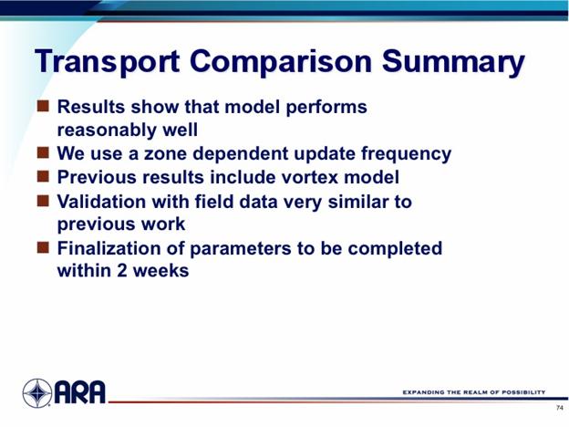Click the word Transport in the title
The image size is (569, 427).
pyautogui.click(x=107, y=61)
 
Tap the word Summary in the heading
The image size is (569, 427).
pyautogui.click(x=453, y=63)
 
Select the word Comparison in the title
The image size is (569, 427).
pyautogui.click(x=281, y=63)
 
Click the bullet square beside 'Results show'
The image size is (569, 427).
pyautogui.click(x=43, y=106)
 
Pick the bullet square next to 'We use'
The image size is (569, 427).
pyautogui.click(x=43, y=152)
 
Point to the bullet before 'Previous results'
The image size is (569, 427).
pyautogui.click(x=43, y=176)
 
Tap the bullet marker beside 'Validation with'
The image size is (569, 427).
pyautogui.click(x=43, y=201)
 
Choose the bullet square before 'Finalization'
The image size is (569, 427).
pyautogui.click(x=43, y=247)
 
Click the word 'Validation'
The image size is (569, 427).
pyautogui.click(x=101, y=201)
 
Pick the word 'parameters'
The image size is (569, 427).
pyautogui.click(x=240, y=249)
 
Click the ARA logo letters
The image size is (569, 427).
pyautogui.click(x=80, y=392)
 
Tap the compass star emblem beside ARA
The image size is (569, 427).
pyautogui.click(x=37, y=393)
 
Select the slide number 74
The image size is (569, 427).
pyautogui.click(x=560, y=408)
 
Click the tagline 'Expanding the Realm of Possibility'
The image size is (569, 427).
pyautogui.click(x=474, y=392)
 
